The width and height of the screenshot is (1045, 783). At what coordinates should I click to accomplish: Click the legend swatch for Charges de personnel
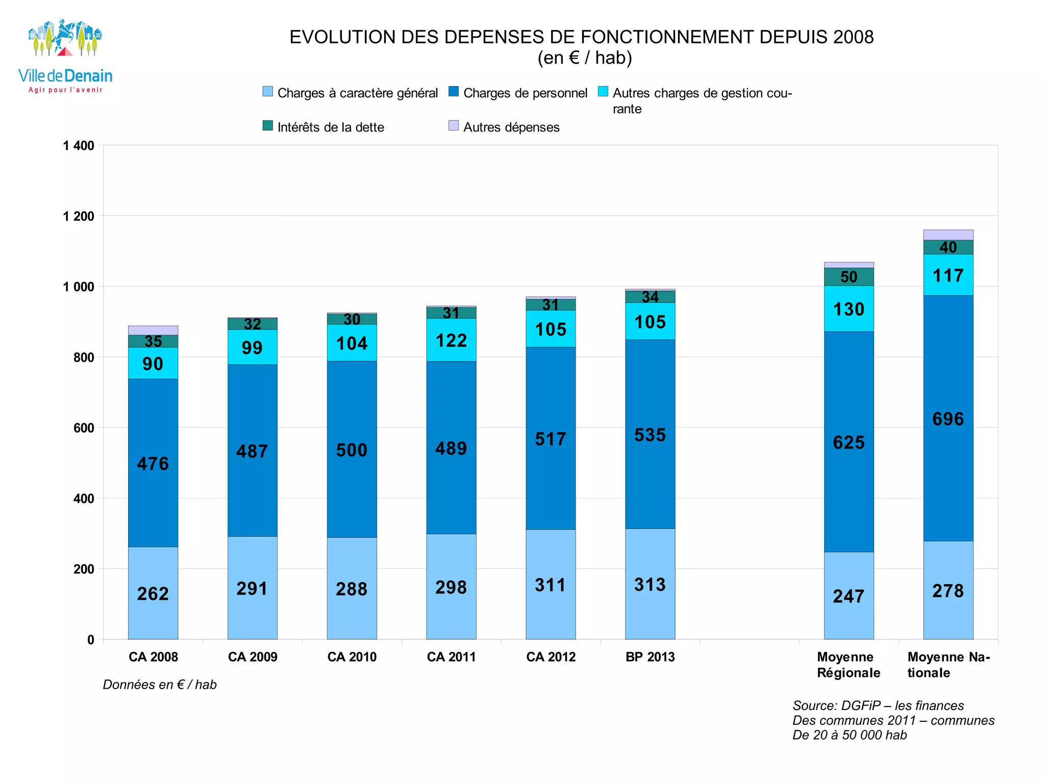(x=453, y=92)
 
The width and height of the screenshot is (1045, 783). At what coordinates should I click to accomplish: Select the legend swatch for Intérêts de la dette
(x=267, y=126)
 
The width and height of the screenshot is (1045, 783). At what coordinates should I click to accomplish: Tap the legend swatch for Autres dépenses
(x=453, y=126)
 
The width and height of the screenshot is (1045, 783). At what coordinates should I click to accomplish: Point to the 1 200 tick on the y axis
(x=79, y=216)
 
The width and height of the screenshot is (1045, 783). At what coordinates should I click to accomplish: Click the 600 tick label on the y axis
(x=84, y=428)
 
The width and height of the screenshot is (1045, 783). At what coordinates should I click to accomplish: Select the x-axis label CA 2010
(x=352, y=657)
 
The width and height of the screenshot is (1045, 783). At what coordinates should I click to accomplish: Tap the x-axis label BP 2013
(x=650, y=657)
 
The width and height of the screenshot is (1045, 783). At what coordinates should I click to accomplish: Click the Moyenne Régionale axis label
(x=848, y=665)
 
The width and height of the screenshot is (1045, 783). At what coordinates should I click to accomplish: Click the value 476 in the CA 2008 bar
(x=153, y=464)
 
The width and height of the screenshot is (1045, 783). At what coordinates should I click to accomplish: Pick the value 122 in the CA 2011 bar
(x=451, y=340)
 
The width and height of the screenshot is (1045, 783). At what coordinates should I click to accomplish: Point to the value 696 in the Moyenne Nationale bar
(x=948, y=419)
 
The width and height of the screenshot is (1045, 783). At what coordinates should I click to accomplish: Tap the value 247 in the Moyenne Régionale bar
(x=849, y=596)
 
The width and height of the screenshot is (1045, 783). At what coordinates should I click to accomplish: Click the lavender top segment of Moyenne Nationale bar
(x=948, y=235)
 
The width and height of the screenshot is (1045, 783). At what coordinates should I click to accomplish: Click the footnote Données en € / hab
(x=160, y=685)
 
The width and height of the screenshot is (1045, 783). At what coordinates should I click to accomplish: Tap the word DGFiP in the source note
(x=860, y=705)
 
